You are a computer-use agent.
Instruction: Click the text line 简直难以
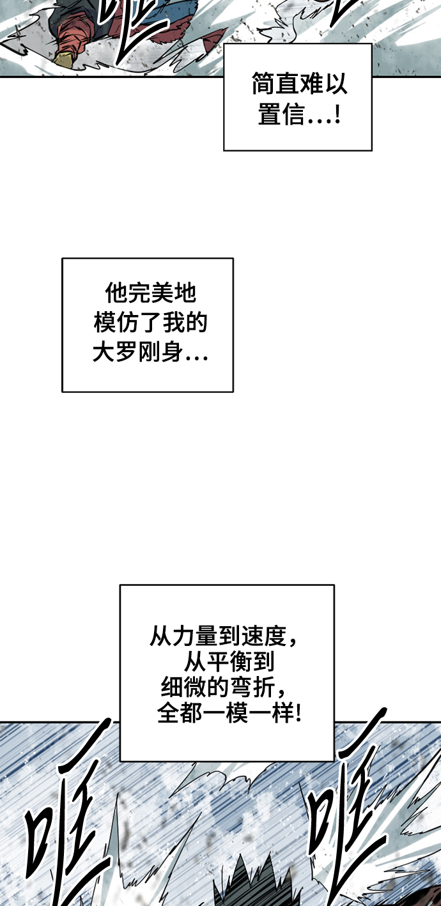click(299, 84)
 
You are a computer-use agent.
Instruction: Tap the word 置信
click(281, 114)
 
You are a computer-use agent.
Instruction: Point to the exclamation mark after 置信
click(338, 114)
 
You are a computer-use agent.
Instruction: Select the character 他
click(116, 293)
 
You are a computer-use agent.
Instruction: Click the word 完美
click(150, 293)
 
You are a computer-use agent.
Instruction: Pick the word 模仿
click(116, 323)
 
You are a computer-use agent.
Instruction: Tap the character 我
click(173, 323)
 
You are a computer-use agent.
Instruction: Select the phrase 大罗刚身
click(138, 352)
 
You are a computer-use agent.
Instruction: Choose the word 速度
click(264, 636)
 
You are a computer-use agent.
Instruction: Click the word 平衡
click(229, 662)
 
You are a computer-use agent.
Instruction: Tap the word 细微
click(184, 687)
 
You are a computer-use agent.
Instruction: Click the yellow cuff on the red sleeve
click(64, 59)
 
